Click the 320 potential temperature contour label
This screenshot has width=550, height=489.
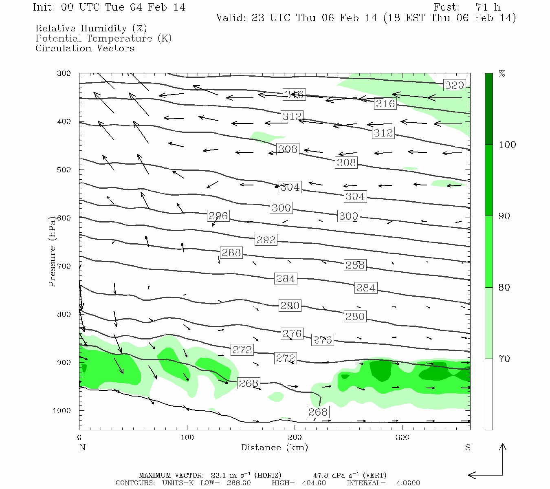(x=454, y=85)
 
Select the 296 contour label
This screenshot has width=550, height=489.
(x=218, y=216)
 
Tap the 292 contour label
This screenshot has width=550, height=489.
(x=266, y=240)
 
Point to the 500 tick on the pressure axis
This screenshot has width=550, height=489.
(x=64, y=170)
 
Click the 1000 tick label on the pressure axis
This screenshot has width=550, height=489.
(x=62, y=410)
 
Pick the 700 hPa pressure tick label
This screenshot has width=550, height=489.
(x=64, y=266)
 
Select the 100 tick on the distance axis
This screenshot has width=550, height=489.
(x=187, y=438)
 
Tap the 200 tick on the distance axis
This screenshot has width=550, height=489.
(x=295, y=438)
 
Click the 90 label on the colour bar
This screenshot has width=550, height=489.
(x=504, y=216)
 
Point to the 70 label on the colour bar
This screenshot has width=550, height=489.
(x=504, y=359)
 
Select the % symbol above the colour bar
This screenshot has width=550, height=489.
(x=502, y=74)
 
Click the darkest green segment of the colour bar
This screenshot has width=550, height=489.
(x=488, y=109)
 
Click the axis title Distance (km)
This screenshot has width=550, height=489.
(x=274, y=447)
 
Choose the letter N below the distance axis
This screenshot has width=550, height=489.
(x=82, y=447)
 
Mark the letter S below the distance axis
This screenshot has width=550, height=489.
(x=468, y=447)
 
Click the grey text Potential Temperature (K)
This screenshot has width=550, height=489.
(x=103, y=38)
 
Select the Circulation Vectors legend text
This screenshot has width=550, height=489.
(x=85, y=48)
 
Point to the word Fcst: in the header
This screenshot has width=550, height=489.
(x=446, y=7)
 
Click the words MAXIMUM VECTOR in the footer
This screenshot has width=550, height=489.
(x=171, y=475)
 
